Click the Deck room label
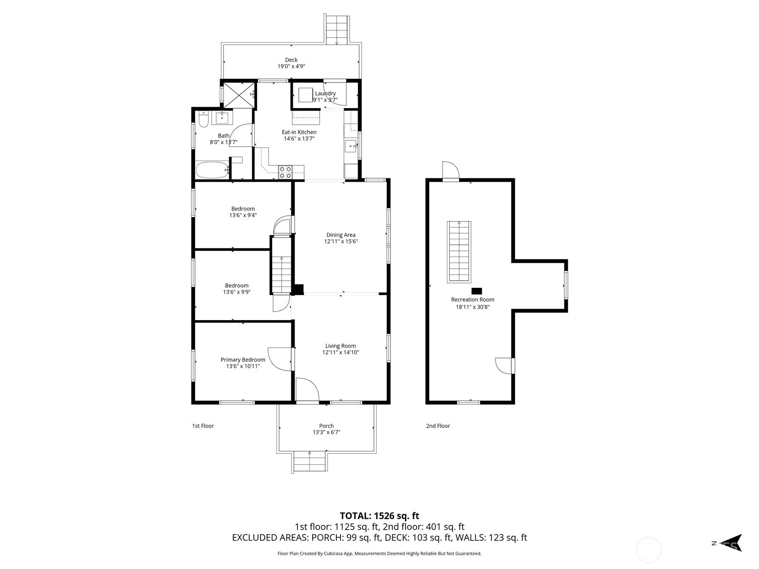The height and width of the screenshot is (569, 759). pos(291,60)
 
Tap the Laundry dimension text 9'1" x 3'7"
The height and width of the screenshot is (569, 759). pos(325,100)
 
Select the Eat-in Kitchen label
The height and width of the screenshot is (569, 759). pos(299,132)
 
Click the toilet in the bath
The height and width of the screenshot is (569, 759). pos(204,119)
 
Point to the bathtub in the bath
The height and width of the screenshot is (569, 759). pos(213,170)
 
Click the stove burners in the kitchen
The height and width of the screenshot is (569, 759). pos(285,172)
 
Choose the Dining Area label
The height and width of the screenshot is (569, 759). pos(341,235)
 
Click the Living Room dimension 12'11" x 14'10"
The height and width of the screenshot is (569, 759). pos(341,352)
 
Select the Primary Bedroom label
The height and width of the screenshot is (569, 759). pos(243,359)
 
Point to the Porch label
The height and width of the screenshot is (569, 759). pos(326,426)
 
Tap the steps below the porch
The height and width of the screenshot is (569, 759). pos(309,461)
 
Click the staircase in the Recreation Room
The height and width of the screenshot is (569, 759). pos(459,252)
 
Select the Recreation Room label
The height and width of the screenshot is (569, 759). pos(472,300)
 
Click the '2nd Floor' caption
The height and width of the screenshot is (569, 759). pos(438,426)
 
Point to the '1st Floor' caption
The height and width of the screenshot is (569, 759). pos(203,426)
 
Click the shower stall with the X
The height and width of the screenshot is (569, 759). pos(239,95)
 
